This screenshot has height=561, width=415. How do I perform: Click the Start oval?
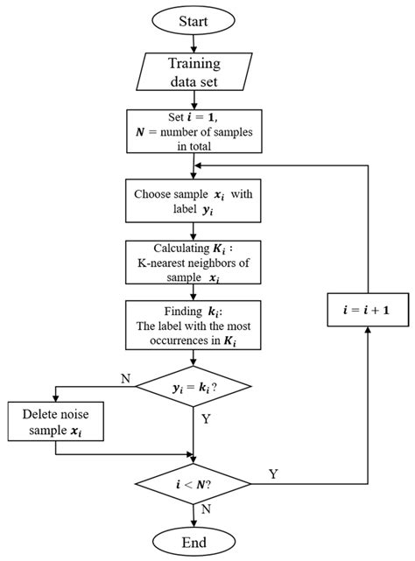[193, 19]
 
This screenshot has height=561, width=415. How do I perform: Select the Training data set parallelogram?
[193, 73]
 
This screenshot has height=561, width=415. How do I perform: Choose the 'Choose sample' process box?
[193, 200]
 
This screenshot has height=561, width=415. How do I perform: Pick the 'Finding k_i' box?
[193, 326]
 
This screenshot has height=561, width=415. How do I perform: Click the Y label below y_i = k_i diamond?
[206, 419]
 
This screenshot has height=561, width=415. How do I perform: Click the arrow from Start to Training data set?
[193, 43]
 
